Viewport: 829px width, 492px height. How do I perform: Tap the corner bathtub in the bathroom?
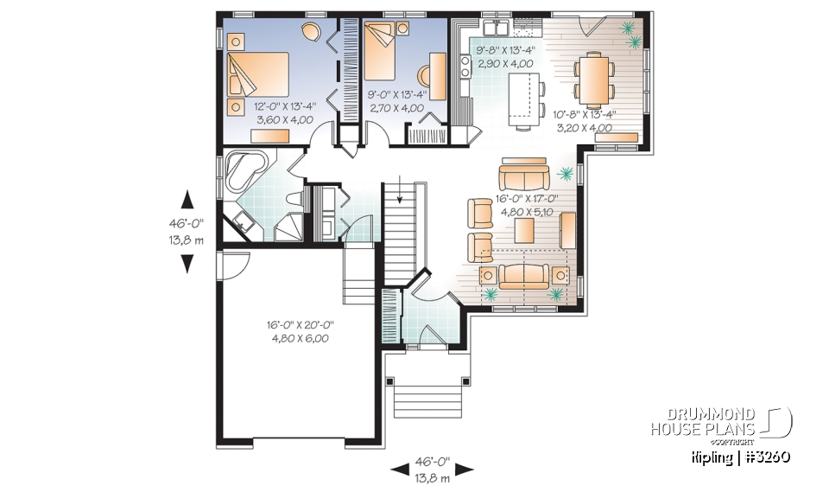(x=244, y=173)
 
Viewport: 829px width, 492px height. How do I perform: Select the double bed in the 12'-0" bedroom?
(x=256, y=75)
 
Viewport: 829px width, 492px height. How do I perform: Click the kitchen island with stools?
(x=523, y=95)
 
